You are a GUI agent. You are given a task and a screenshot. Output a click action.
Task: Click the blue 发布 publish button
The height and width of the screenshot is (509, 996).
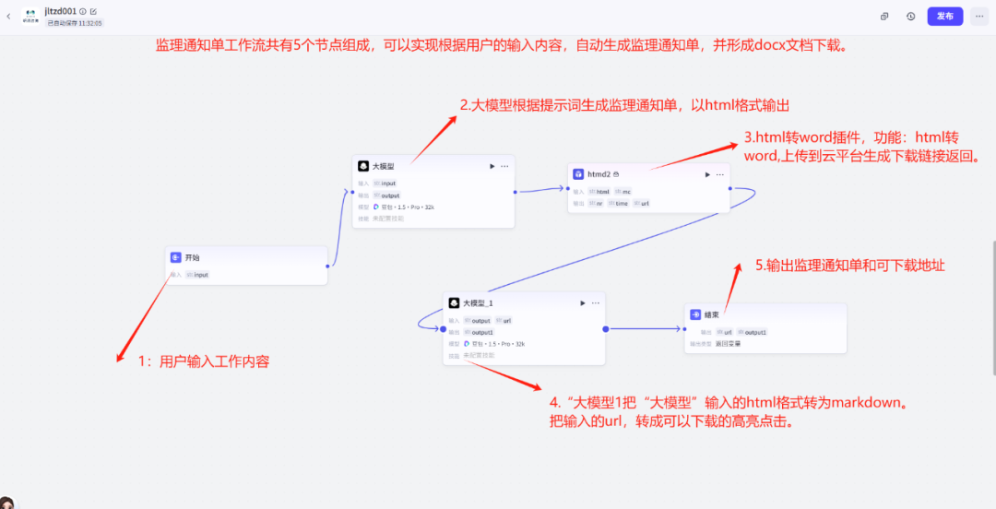(x=944, y=16)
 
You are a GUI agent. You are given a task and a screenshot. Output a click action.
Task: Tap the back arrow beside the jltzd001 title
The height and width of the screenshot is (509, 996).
(x=8, y=16)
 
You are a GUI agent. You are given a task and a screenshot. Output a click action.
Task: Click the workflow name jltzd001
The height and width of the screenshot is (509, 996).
(x=61, y=10)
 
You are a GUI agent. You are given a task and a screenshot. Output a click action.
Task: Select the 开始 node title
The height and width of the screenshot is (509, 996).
(x=192, y=258)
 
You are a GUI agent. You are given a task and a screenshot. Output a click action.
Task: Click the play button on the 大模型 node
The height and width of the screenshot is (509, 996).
(x=492, y=166)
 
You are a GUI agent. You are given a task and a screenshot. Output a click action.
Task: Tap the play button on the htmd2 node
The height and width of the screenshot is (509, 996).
(x=707, y=174)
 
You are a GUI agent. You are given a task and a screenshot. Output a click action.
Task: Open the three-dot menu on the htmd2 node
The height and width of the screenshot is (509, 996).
(x=720, y=174)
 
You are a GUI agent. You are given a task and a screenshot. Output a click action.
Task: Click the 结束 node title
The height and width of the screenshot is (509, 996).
(x=711, y=314)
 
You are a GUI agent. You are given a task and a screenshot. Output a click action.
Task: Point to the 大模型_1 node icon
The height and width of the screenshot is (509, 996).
(x=454, y=302)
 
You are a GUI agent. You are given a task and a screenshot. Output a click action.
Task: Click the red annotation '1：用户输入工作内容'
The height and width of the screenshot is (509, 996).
(x=204, y=362)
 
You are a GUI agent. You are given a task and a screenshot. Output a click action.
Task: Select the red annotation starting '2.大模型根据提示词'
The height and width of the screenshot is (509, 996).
(x=624, y=106)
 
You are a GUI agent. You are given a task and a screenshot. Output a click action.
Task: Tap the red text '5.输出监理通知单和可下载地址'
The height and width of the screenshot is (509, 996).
(x=849, y=266)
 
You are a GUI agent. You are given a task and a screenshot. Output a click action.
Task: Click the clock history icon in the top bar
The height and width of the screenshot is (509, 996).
(x=910, y=16)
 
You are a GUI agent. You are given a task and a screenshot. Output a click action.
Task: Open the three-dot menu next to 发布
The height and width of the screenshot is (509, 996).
(x=978, y=16)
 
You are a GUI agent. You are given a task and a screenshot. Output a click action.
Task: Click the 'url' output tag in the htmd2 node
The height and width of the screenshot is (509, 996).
(x=644, y=203)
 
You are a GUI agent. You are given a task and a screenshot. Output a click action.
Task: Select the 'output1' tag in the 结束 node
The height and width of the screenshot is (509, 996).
(x=755, y=332)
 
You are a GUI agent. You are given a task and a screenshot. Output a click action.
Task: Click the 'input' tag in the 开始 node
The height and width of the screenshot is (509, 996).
(x=200, y=275)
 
